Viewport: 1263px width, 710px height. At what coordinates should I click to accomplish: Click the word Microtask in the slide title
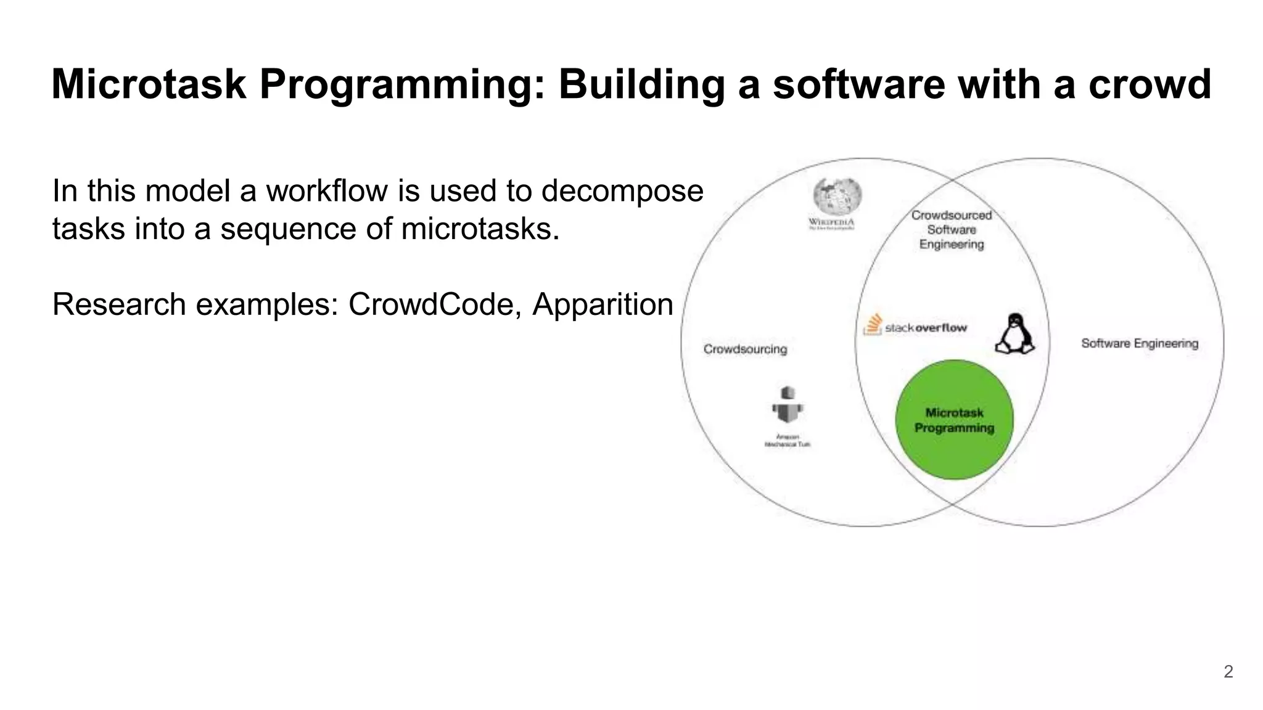pyautogui.click(x=149, y=84)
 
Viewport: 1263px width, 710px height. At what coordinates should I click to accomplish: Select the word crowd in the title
pyautogui.click(x=1150, y=84)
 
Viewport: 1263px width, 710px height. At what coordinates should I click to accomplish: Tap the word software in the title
pyautogui.click(x=858, y=84)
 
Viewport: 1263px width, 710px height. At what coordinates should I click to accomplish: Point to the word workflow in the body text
pyautogui.click(x=327, y=191)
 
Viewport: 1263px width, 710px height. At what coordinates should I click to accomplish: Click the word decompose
pyautogui.click(x=622, y=191)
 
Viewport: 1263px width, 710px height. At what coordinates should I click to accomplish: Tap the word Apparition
pyautogui.click(x=603, y=304)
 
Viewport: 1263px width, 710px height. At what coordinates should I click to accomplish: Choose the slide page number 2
pyautogui.click(x=1228, y=672)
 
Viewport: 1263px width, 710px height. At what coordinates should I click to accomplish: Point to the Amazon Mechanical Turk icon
pyautogui.click(x=788, y=406)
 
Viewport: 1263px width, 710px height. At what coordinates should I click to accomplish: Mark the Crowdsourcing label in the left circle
pyautogui.click(x=745, y=349)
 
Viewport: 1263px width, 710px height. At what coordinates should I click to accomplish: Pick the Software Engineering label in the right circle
pyautogui.click(x=1139, y=343)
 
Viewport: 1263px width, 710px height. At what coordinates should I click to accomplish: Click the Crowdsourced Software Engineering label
pyautogui.click(x=952, y=230)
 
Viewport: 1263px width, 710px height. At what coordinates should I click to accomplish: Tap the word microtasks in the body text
pyautogui.click(x=480, y=229)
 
